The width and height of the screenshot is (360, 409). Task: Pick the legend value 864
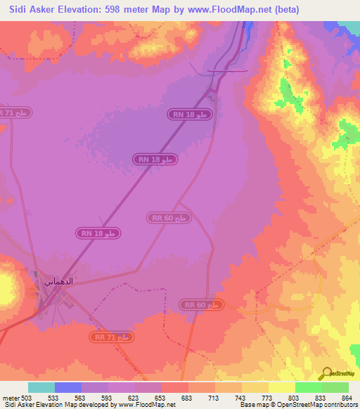click(x=347, y=398)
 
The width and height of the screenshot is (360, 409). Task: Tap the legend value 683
click(x=187, y=398)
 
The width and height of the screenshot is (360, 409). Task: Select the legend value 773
click(x=267, y=398)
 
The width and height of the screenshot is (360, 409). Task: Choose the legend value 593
click(x=107, y=398)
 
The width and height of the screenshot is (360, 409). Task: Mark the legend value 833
click(x=321, y=398)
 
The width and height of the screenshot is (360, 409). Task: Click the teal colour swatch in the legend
click(x=41, y=387)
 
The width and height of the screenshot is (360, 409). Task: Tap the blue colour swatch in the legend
click(x=68, y=387)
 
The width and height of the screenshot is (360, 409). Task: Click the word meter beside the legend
click(x=9, y=398)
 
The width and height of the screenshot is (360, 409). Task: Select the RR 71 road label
click(x=112, y=338)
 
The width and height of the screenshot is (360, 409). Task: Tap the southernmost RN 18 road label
click(x=101, y=233)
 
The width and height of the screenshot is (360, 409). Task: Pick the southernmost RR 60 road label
click(x=202, y=304)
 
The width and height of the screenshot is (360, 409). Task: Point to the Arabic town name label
click(x=59, y=280)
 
